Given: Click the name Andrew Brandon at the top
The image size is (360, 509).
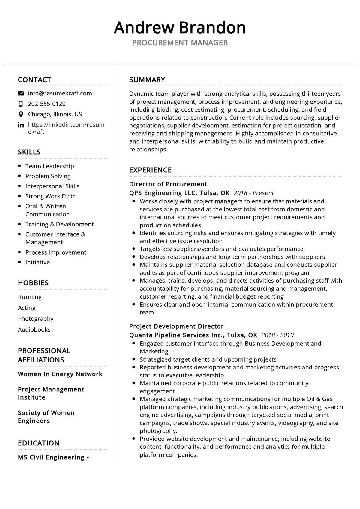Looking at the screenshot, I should click(x=180, y=28).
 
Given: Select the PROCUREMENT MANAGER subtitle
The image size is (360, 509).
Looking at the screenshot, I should click(x=180, y=43).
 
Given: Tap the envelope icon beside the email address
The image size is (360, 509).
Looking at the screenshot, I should click(x=21, y=93).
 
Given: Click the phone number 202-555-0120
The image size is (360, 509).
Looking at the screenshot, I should click(x=47, y=104).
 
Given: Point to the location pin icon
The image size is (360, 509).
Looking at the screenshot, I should click(x=21, y=114).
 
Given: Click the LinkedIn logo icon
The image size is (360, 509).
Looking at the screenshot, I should click(x=21, y=125).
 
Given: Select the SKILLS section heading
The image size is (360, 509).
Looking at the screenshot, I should click(x=29, y=152).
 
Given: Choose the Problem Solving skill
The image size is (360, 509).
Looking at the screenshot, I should click(x=48, y=176).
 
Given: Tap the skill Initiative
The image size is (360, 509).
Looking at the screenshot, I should click(x=37, y=262).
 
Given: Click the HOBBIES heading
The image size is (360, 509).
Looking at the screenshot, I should click(x=33, y=283).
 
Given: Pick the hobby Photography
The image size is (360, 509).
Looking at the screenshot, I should click(x=36, y=319).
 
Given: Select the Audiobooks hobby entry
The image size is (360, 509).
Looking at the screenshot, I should click(x=34, y=329).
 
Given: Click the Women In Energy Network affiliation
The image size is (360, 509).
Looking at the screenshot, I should click(x=60, y=374).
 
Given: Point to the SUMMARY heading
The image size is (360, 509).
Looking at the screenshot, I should click(x=147, y=80).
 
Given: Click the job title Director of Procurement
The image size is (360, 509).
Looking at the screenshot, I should click(x=168, y=184).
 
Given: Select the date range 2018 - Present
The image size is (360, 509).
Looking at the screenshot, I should click(x=254, y=193).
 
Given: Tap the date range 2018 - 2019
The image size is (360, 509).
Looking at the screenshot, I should click(x=277, y=335).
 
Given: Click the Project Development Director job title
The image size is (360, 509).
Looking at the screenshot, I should click(x=176, y=326).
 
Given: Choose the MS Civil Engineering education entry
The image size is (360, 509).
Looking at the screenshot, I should click(x=53, y=457).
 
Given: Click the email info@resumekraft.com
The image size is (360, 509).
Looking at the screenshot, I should click(x=60, y=93).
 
